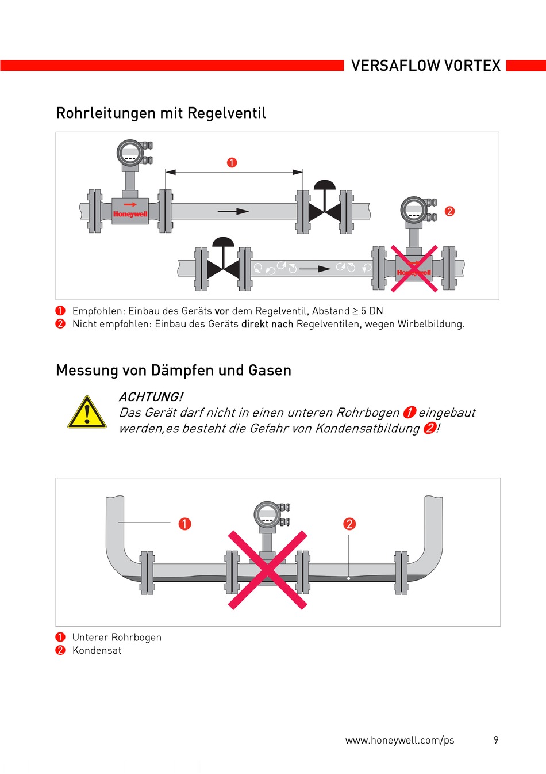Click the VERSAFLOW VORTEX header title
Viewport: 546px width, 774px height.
point(426,66)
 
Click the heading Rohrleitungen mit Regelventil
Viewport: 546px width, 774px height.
point(161,113)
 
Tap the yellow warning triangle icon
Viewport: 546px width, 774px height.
point(87,413)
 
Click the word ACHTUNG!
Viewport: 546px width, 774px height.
point(151,396)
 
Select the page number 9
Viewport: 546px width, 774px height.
point(496,740)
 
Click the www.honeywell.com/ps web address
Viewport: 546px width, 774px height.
point(399,740)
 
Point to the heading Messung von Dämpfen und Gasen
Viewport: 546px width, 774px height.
point(174,370)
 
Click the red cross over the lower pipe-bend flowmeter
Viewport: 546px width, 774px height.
point(268,570)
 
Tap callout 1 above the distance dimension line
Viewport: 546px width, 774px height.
point(232,163)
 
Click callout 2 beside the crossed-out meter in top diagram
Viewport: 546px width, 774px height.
point(449,211)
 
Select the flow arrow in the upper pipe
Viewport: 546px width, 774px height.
point(233,211)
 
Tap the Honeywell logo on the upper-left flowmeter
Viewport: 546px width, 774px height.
point(130,214)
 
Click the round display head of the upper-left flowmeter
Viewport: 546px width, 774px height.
point(130,154)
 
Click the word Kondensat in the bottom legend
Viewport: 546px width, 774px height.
point(97,650)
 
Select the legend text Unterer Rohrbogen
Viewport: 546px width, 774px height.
point(117,637)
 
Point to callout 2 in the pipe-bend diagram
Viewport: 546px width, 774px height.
point(349,524)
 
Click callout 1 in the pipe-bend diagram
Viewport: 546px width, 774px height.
point(184,524)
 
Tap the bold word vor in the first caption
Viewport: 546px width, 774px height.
point(222,311)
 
